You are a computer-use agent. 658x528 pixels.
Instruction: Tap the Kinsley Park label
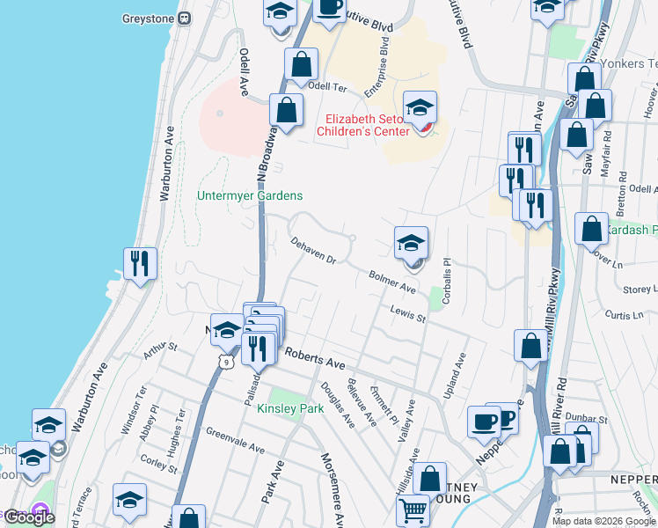(x=290, y=408)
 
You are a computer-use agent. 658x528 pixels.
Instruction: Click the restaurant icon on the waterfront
(x=140, y=263)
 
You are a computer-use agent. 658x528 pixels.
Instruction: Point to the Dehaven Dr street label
(x=314, y=249)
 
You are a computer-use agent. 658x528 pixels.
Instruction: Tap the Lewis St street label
(x=408, y=312)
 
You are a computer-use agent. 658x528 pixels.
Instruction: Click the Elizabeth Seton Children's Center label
(x=368, y=125)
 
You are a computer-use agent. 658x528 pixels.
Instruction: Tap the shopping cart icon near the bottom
(x=413, y=510)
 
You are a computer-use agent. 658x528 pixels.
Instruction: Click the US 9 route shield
(x=227, y=361)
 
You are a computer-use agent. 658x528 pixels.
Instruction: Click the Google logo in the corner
(x=28, y=517)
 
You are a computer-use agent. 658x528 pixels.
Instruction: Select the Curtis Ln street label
(x=620, y=314)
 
